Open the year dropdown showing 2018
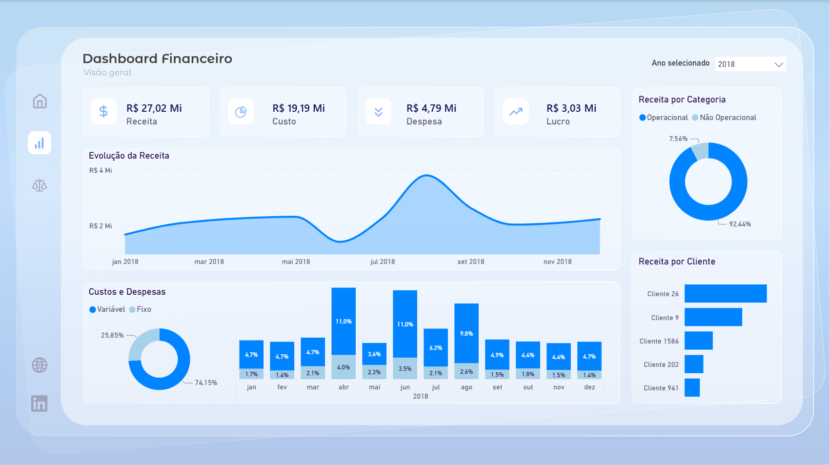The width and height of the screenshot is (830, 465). pyautogui.click(x=750, y=64)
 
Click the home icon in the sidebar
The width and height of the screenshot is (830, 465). pyautogui.click(x=40, y=101)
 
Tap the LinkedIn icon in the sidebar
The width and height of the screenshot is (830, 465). pyautogui.click(x=40, y=404)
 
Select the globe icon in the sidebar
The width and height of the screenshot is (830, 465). pyautogui.click(x=40, y=365)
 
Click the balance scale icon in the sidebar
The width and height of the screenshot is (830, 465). pyautogui.click(x=40, y=185)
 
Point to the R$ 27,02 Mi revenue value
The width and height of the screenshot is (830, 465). pyautogui.click(x=154, y=108)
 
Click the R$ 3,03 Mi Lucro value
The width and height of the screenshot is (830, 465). pyautogui.click(x=571, y=108)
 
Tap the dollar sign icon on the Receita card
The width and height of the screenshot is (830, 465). pyautogui.click(x=103, y=112)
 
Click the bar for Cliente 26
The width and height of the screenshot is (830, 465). pyautogui.click(x=725, y=294)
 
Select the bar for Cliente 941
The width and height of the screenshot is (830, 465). pyautogui.click(x=692, y=388)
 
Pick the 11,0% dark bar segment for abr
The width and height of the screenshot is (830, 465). pyautogui.click(x=344, y=321)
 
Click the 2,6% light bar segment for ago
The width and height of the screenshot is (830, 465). pyautogui.click(x=466, y=371)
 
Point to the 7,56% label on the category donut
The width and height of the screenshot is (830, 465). pyautogui.click(x=678, y=139)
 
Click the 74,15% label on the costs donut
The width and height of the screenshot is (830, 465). pyautogui.click(x=206, y=383)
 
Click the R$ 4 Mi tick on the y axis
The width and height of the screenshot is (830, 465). pyautogui.click(x=101, y=170)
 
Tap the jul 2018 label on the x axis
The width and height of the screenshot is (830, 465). pyautogui.click(x=383, y=262)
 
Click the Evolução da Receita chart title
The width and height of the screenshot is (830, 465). pyautogui.click(x=129, y=156)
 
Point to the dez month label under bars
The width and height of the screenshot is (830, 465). pyautogui.click(x=589, y=387)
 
